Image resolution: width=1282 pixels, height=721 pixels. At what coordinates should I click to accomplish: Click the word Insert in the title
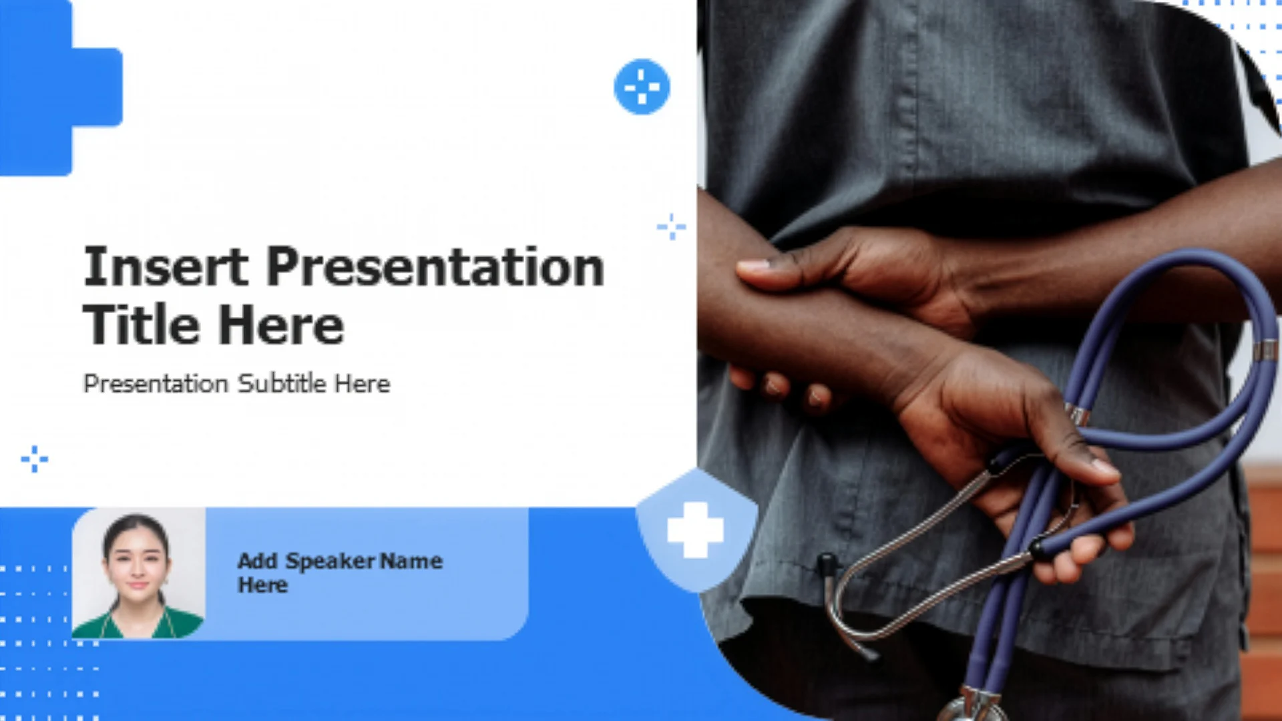click(166, 266)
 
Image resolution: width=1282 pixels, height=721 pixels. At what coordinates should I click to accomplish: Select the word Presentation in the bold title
click(435, 266)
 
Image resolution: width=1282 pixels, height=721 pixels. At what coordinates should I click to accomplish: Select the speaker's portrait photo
click(138, 574)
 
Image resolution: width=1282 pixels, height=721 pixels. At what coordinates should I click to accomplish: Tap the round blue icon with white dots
click(642, 87)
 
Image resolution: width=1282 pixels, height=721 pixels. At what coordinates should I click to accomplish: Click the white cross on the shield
click(695, 530)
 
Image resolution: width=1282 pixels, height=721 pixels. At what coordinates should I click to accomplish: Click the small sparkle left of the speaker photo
click(34, 459)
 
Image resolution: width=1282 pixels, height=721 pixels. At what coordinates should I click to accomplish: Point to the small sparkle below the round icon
click(671, 227)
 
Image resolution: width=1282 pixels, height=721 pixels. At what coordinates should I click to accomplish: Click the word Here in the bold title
click(281, 325)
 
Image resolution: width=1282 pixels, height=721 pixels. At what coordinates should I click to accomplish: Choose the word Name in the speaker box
click(411, 561)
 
